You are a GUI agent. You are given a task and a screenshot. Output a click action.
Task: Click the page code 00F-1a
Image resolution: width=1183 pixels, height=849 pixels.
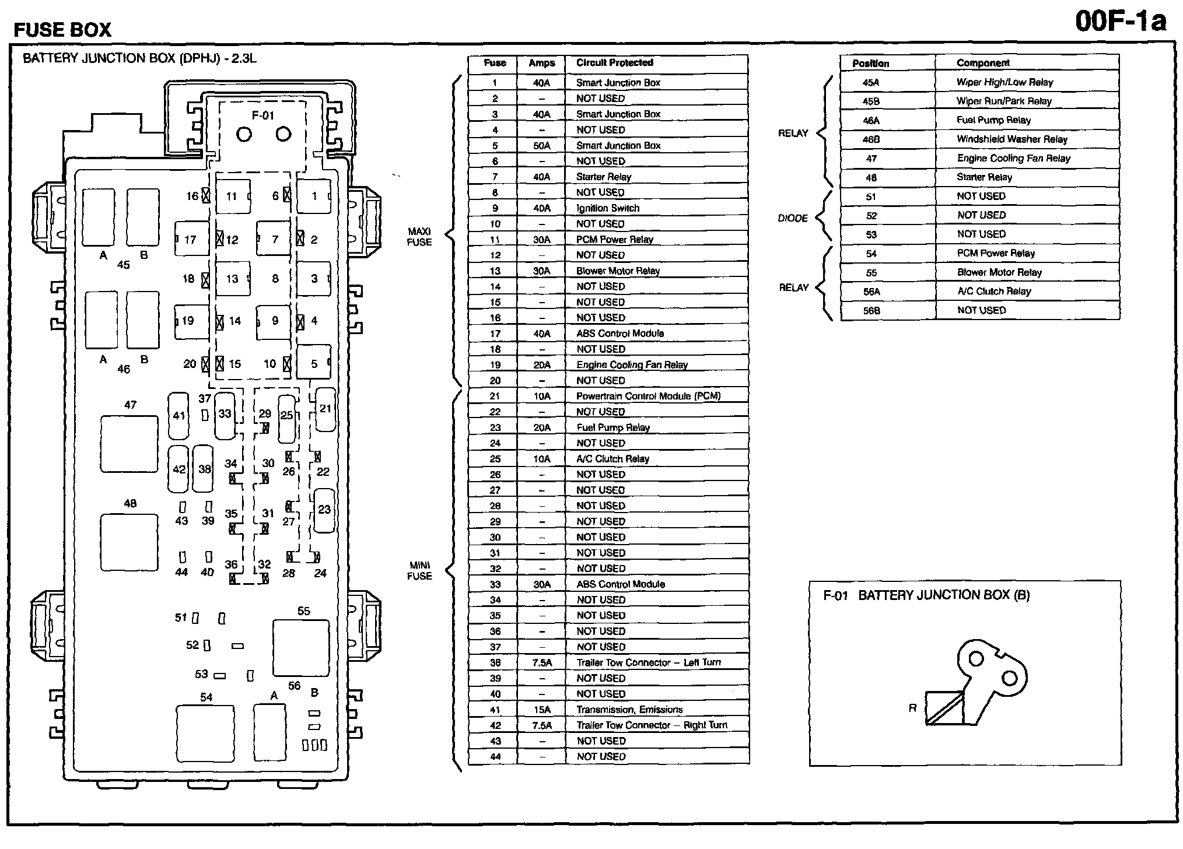pos(1120,22)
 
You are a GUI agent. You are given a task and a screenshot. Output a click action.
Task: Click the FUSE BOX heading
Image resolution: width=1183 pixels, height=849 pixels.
pos(62,30)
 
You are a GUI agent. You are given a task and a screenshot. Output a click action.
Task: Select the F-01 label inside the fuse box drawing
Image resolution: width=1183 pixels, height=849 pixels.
pos(262,115)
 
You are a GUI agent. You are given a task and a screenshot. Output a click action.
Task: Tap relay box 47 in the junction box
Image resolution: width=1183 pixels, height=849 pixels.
pos(129,443)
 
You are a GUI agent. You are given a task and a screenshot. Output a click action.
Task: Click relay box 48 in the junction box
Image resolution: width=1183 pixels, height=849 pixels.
pos(129,542)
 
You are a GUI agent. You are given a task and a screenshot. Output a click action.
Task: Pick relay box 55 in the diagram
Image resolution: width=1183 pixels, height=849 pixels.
pos(301,648)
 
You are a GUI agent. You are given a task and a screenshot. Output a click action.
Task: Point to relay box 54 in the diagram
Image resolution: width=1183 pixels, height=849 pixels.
pos(205,733)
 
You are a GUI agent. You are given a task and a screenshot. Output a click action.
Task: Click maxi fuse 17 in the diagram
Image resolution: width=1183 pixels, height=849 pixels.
pos(191,239)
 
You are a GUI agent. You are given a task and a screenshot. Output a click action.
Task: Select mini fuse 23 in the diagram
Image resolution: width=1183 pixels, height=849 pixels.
pos(324,510)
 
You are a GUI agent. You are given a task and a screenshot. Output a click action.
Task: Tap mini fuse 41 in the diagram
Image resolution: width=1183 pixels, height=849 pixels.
pos(178,416)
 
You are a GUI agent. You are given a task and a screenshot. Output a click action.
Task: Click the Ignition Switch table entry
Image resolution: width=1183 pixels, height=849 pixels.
pos(608,208)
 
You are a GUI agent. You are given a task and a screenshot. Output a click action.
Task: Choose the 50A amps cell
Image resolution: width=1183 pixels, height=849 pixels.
pos(541,146)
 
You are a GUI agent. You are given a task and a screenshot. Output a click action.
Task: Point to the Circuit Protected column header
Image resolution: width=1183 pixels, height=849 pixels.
pos(615,63)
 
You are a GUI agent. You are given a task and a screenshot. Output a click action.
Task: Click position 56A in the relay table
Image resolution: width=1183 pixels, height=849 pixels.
pos(871,292)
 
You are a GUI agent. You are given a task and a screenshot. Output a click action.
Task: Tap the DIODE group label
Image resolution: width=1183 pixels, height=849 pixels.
pos(793,218)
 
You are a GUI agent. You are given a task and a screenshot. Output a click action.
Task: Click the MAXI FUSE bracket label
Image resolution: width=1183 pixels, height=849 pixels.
pos(419,237)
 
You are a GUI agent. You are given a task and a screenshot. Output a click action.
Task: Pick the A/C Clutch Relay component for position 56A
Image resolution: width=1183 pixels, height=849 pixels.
pos(994,292)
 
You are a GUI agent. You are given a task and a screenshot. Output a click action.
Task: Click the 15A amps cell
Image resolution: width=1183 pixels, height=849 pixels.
pos(541,710)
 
